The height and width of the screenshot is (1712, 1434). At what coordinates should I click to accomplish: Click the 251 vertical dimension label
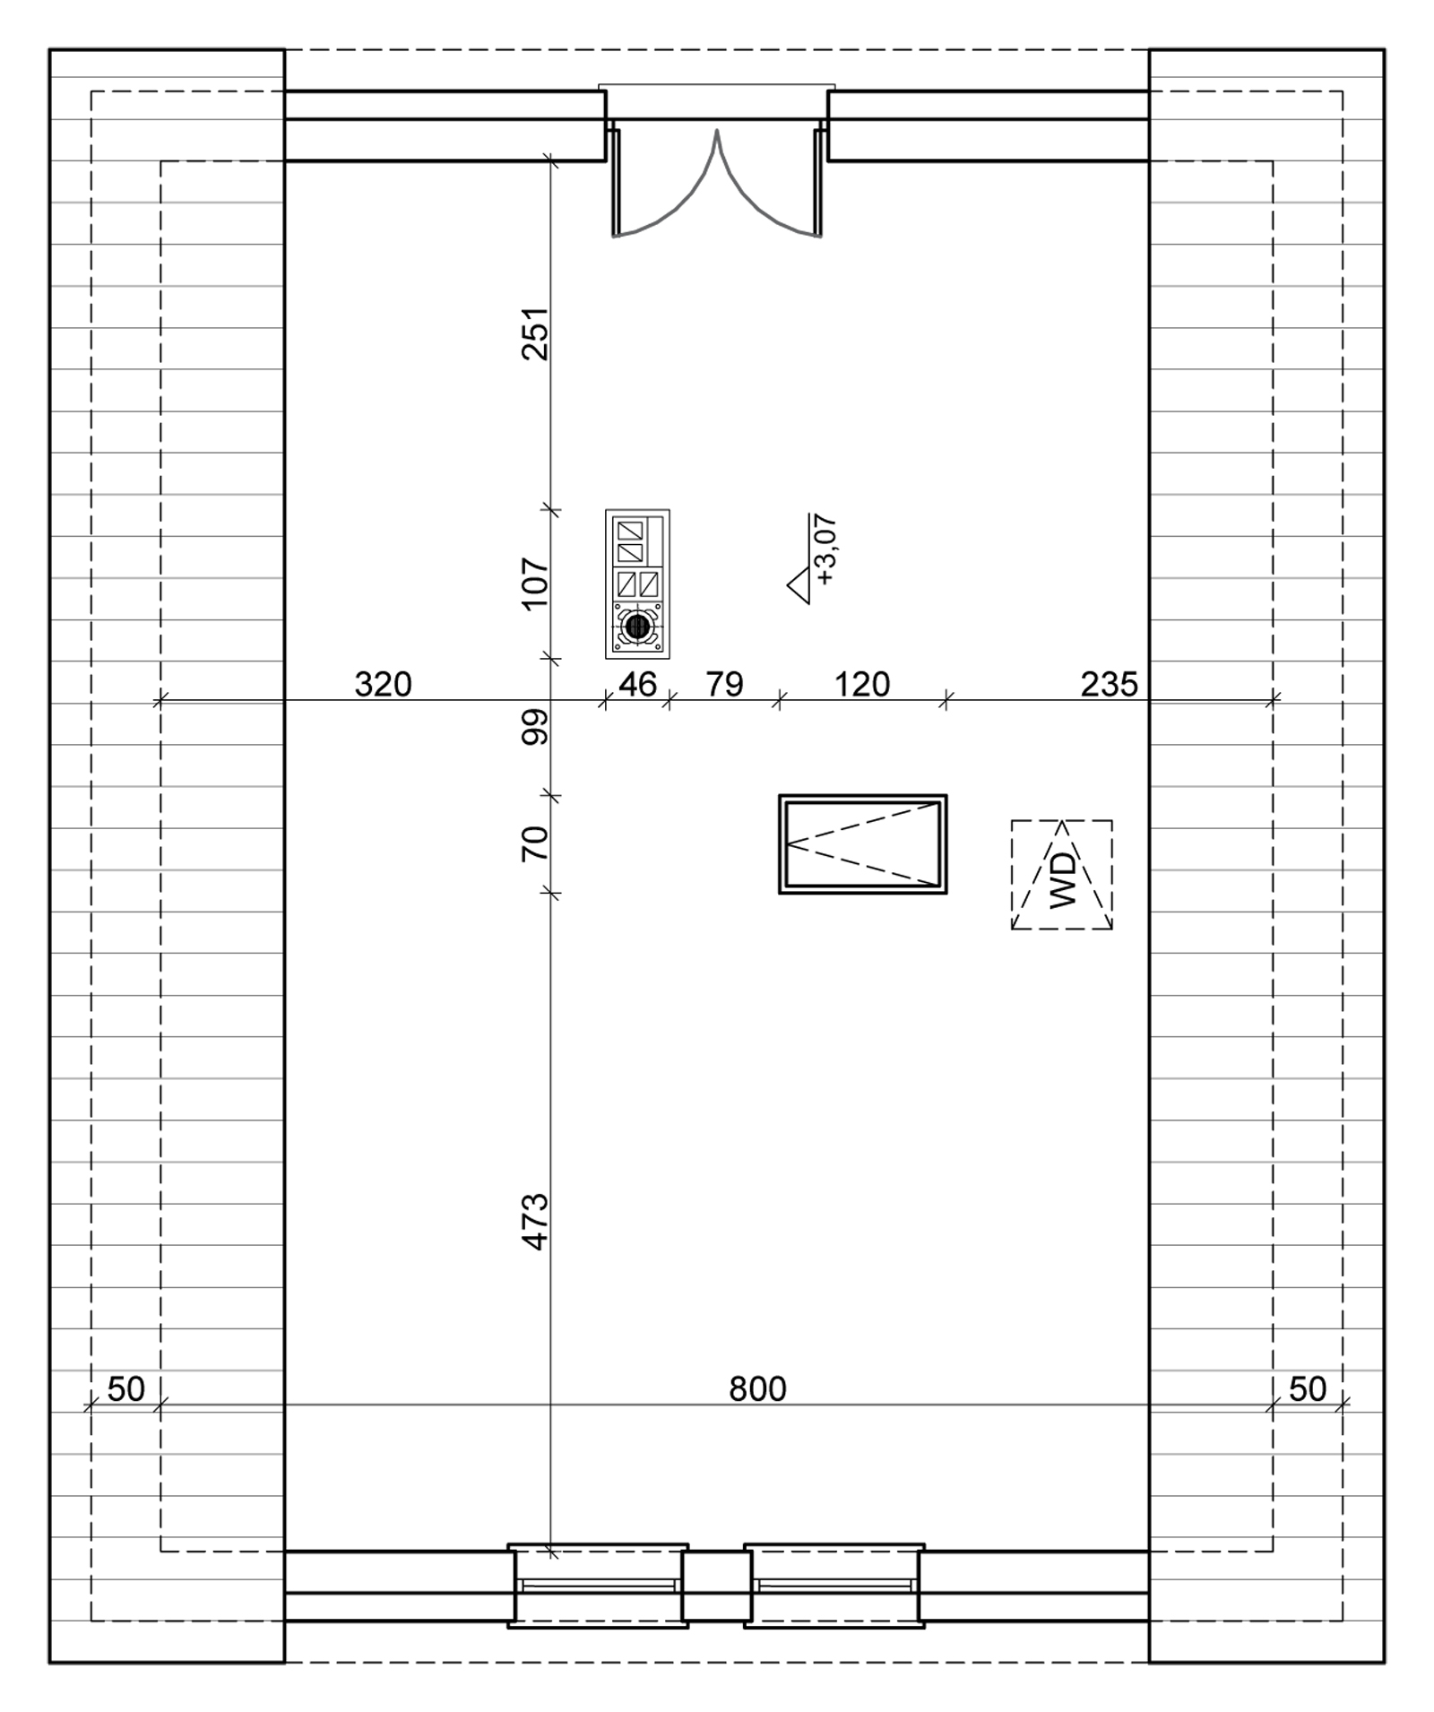tap(534, 333)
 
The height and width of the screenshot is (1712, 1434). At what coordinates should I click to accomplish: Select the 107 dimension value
tap(534, 583)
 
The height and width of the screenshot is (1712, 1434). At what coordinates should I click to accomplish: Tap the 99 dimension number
tap(535, 727)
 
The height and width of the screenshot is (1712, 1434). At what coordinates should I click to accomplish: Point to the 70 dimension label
tap(534, 843)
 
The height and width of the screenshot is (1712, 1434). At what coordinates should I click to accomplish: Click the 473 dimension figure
tap(535, 1221)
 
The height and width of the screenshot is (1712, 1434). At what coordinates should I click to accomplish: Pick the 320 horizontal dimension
tap(383, 685)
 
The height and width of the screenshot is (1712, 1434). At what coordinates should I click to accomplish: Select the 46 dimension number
tap(637, 685)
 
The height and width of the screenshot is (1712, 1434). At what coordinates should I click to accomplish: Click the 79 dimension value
tap(724, 685)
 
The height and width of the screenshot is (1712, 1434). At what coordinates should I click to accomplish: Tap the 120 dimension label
tap(862, 685)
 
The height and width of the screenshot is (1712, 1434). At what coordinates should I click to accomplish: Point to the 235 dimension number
tap(1109, 685)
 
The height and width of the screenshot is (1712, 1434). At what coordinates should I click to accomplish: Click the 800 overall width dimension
tap(757, 1389)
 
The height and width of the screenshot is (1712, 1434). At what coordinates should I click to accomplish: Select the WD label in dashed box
tap(1062, 880)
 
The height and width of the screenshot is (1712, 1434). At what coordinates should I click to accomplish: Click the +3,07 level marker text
tap(825, 549)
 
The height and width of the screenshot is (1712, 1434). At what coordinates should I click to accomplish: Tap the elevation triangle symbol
tap(799, 586)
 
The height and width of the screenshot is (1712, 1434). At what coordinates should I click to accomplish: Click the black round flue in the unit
tap(637, 627)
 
